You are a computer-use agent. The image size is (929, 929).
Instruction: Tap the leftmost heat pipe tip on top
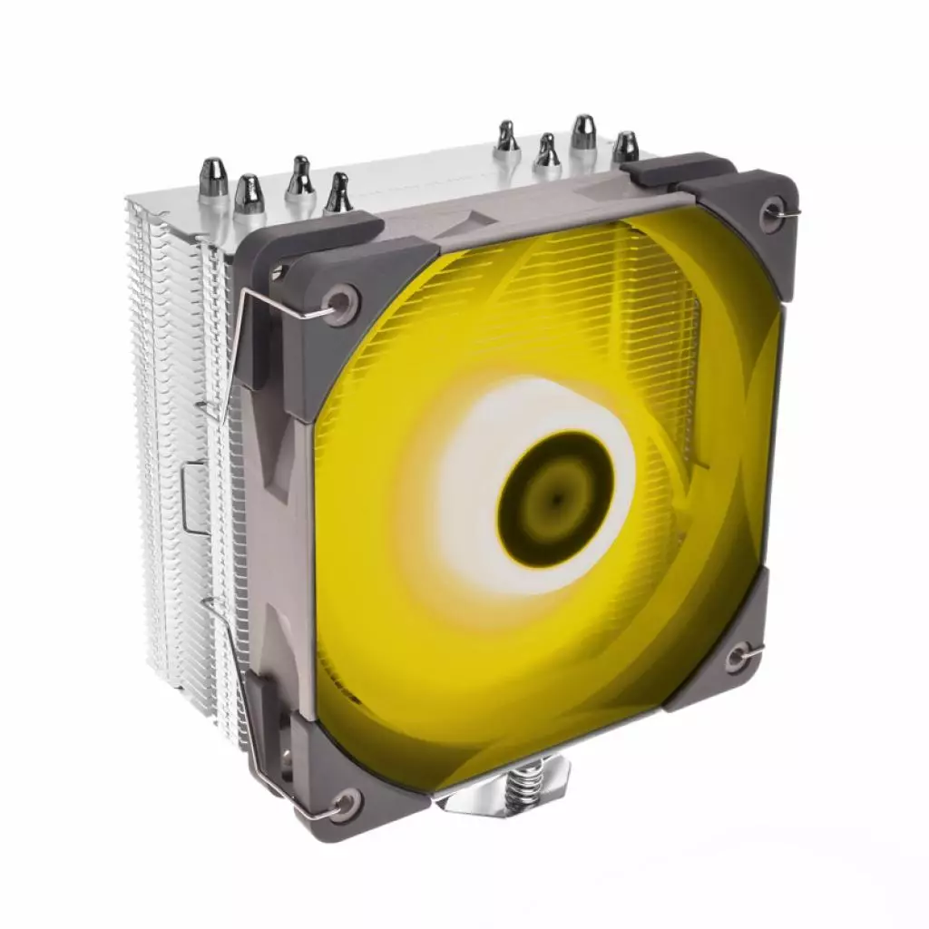tap(213, 178)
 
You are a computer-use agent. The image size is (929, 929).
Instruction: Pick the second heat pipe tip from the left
tap(249, 192)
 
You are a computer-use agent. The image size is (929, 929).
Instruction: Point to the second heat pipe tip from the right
tap(582, 132)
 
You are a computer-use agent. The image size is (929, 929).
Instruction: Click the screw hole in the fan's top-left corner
tap(343, 304)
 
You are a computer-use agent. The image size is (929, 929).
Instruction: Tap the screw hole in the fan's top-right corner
tap(773, 215)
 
